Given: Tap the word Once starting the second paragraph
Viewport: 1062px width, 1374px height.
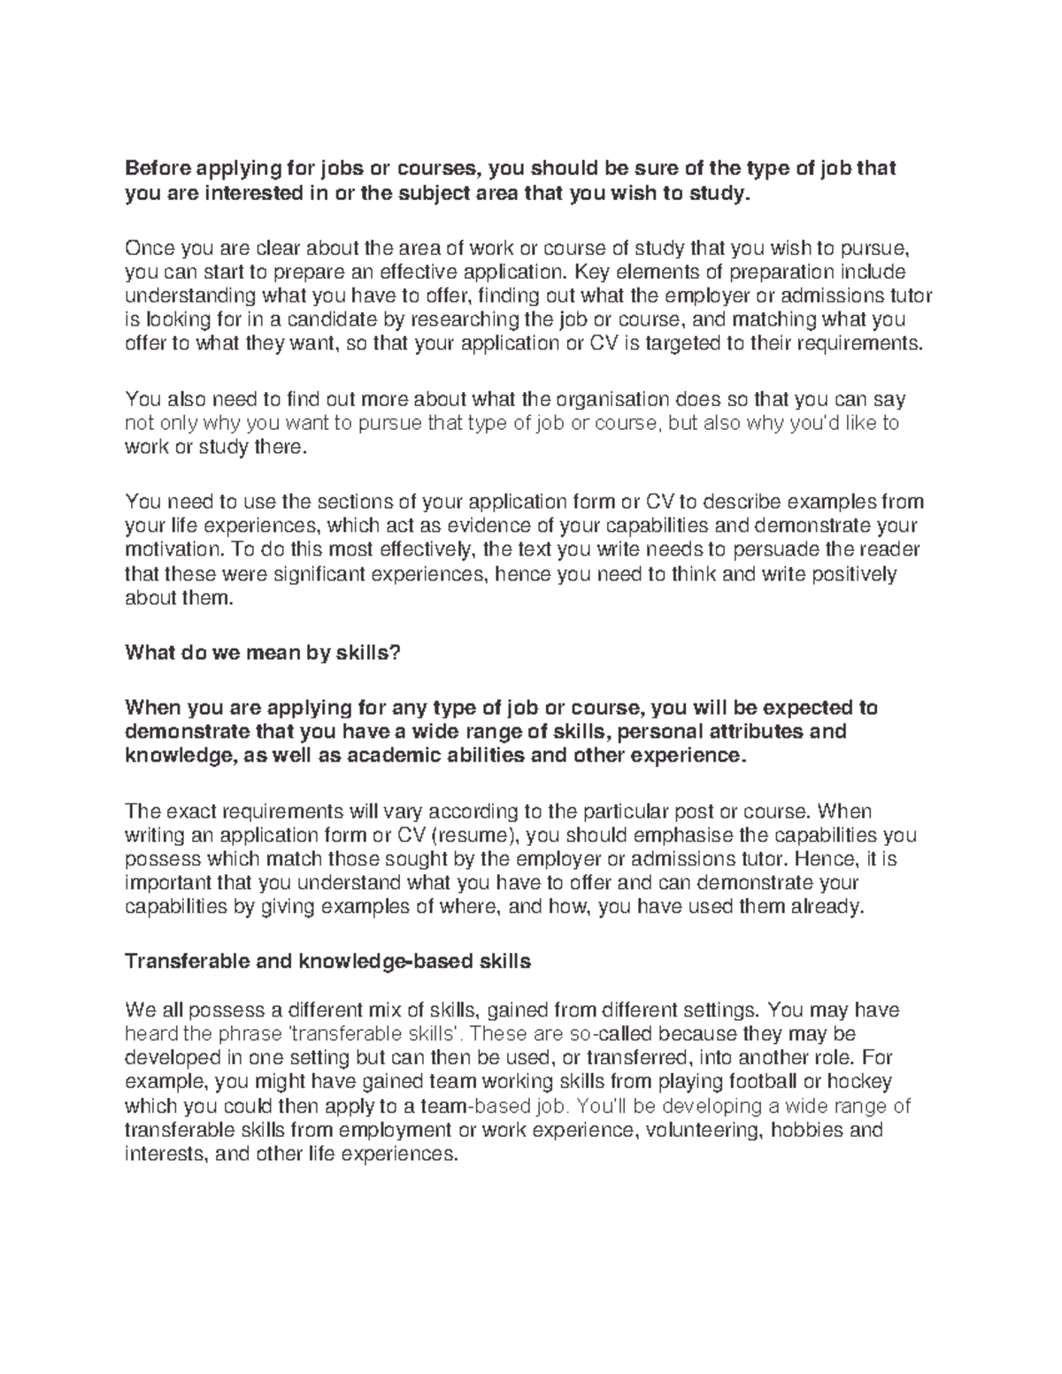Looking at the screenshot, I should click(x=148, y=247).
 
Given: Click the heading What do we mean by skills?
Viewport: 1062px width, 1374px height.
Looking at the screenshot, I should click(x=263, y=654).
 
